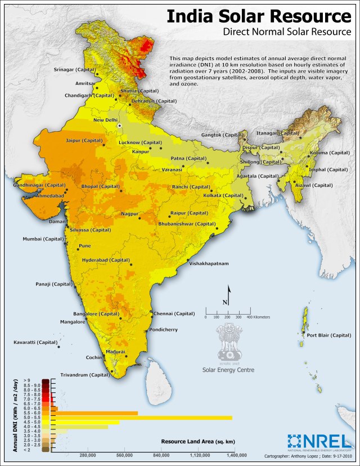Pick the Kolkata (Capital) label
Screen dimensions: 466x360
click(x=224, y=195)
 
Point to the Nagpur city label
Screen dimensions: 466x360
click(x=130, y=214)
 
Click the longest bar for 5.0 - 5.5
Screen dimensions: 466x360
click(x=141, y=417)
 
